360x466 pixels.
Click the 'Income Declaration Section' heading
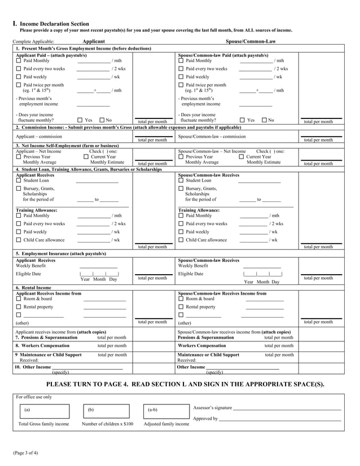pyautogui.click(x=54, y=24)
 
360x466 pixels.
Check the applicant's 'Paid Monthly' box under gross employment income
pyautogui.click(x=19, y=61)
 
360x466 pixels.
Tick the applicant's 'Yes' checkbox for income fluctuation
pyautogui.click(x=79, y=120)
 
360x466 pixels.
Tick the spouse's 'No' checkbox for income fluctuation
pyautogui.click(x=264, y=120)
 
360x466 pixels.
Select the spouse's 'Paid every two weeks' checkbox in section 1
pyautogui.click(x=181, y=69)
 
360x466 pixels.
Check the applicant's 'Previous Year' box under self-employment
pyautogui.click(x=19, y=157)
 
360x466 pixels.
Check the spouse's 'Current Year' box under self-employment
pyautogui.click(x=242, y=157)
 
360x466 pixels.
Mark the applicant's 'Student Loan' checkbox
pyautogui.click(x=19, y=181)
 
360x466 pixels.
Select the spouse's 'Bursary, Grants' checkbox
pyautogui.click(x=181, y=188)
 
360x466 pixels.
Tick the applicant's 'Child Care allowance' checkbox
pyautogui.click(x=19, y=240)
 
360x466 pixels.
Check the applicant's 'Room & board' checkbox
pyautogui.click(x=19, y=298)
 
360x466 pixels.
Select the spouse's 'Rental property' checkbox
pyautogui.click(x=181, y=307)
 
